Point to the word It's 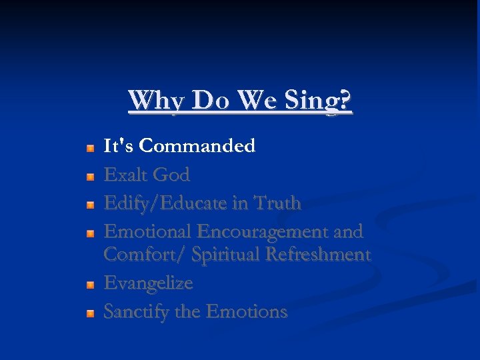(119, 146)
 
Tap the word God (171, 175)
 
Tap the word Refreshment (318, 255)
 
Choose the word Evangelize (148, 283)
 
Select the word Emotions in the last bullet (247, 311)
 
